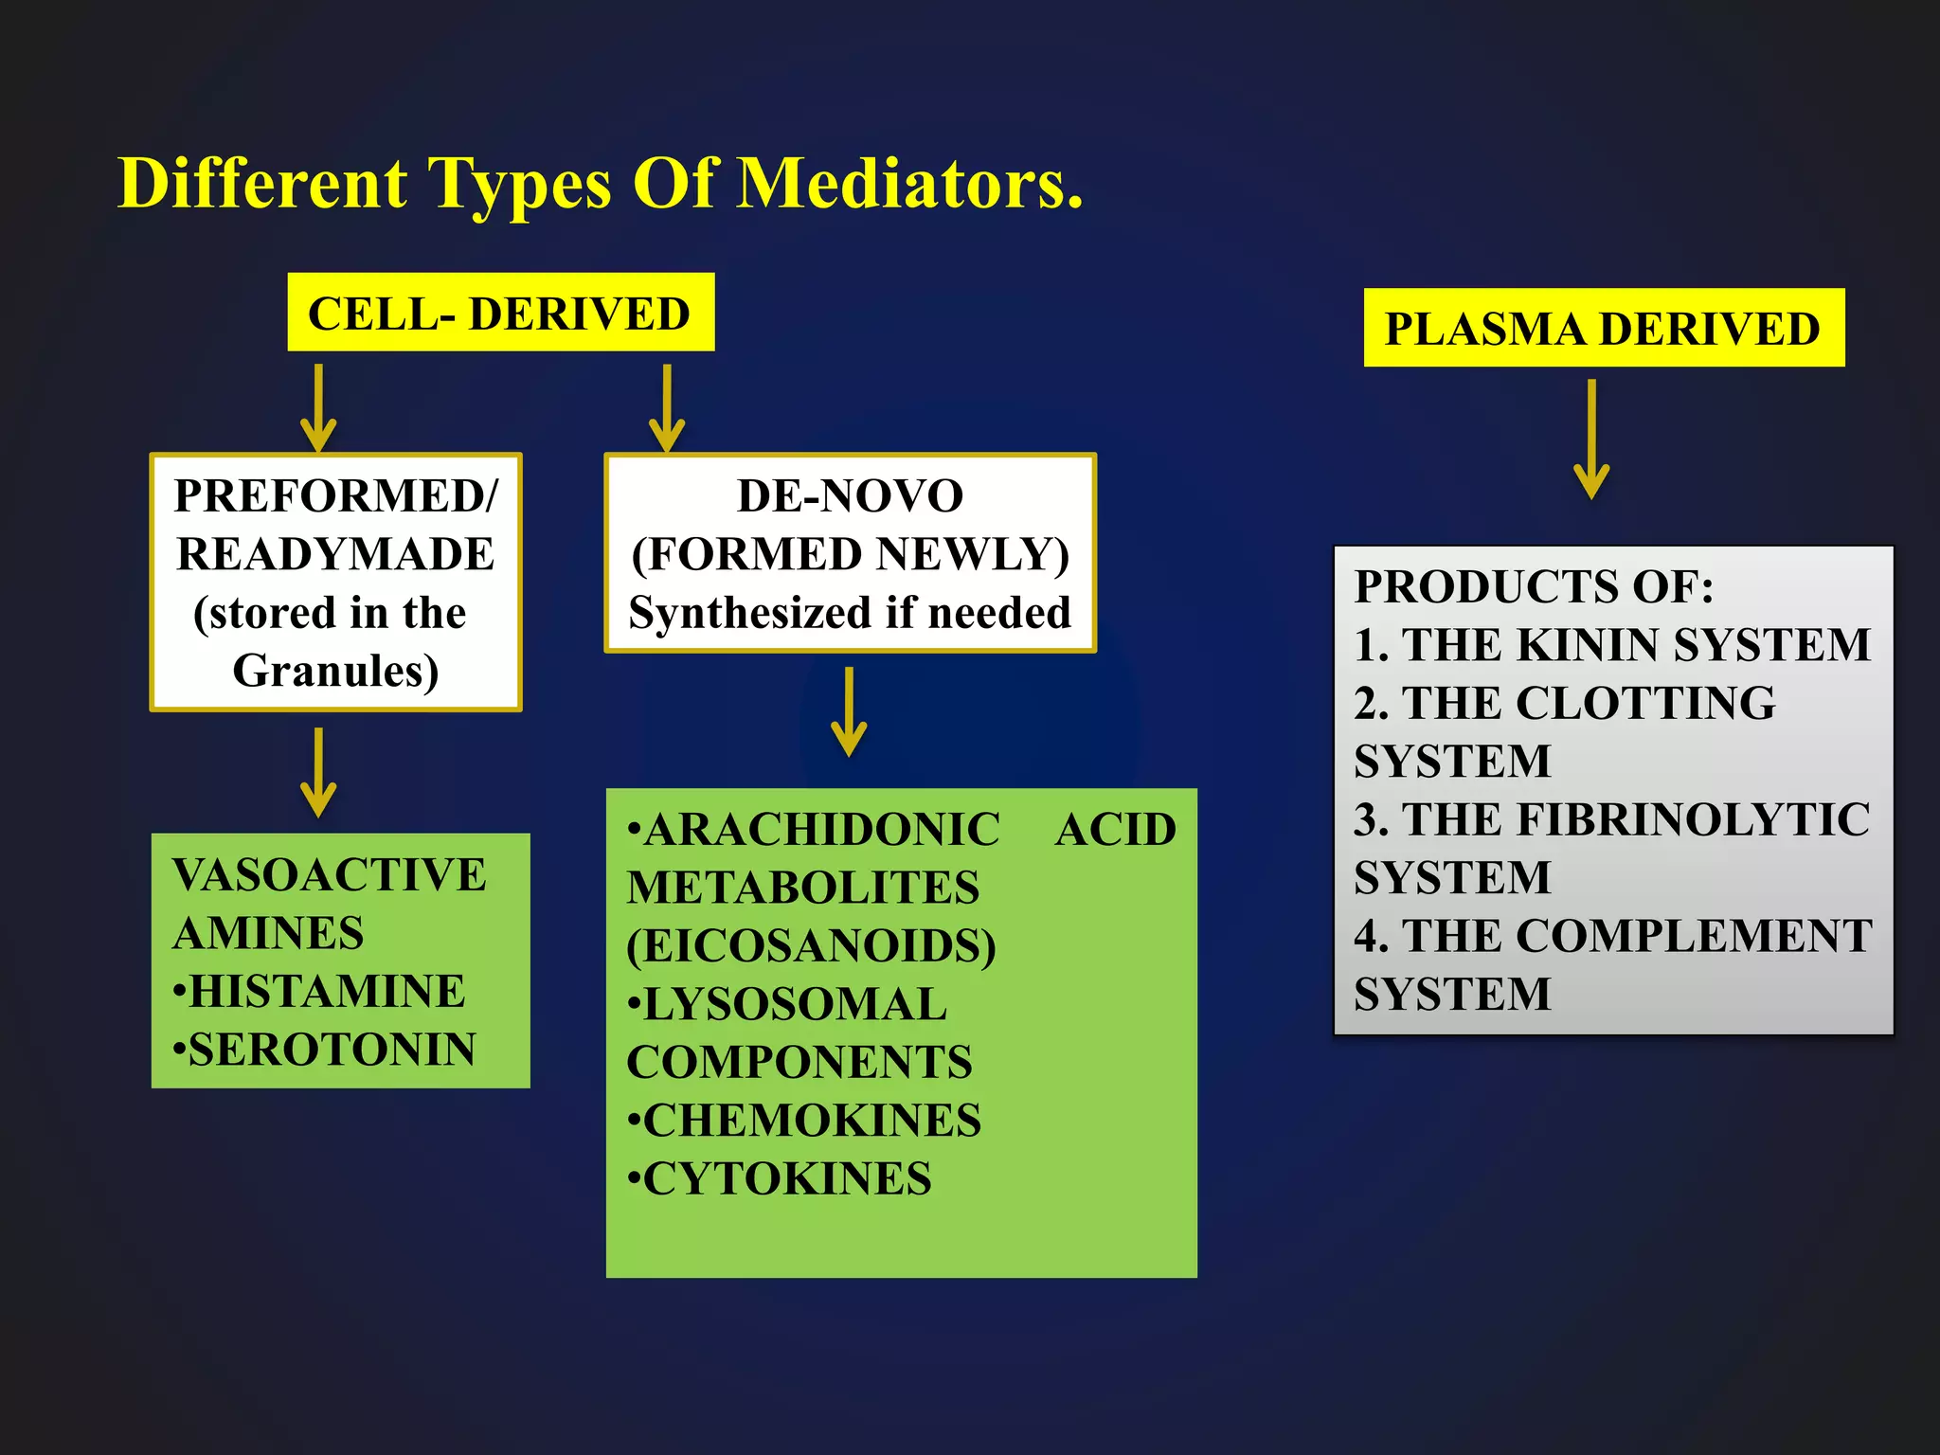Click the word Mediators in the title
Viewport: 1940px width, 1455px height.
pos(909,183)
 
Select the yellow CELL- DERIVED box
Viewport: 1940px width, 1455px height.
pos(500,313)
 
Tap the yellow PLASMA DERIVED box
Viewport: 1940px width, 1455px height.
pos(1603,328)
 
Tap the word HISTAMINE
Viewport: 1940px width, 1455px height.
pos(327,992)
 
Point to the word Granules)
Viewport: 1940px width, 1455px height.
pos(335,671)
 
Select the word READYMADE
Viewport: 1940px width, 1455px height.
pos(335,554)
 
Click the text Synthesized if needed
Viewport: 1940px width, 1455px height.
pos(850,613)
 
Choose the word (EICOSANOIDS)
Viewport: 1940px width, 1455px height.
pos(811,945)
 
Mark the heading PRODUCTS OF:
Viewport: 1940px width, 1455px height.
pos(1534,586)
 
